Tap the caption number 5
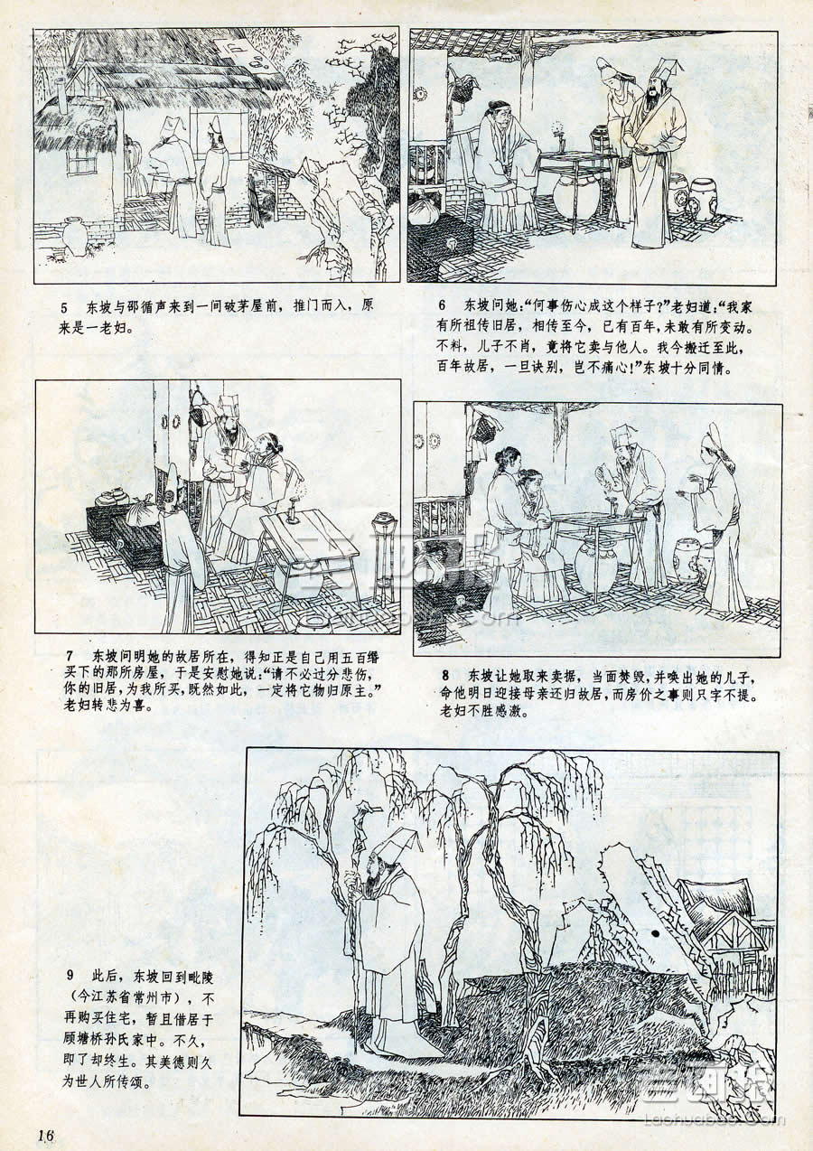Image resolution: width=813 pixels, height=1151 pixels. [x=64, y=308]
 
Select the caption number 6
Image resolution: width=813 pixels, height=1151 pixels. [x=442, y=304]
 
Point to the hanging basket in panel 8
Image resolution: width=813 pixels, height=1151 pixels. [x=484, y=429]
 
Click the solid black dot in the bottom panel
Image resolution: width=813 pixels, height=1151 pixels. [x=656, y=932]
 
